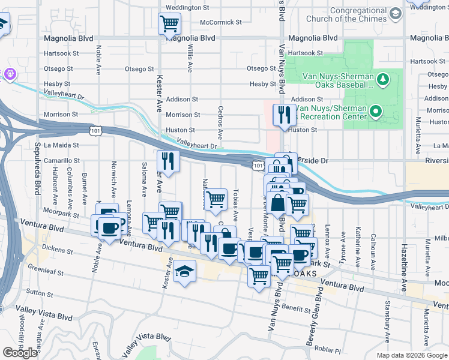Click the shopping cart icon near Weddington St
coord(169,24)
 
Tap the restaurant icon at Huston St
coord(283,114)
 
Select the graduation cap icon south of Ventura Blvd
coord(185,272)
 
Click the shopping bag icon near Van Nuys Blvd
coord(278,204)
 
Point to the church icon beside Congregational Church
coord(395,13)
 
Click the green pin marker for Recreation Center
coord(376,111)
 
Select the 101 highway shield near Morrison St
coord(95,129)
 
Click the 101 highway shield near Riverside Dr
coord(258,164)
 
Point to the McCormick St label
coord(221,22)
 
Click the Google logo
coord(20,353)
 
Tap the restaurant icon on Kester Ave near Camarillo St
coord(168,161)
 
